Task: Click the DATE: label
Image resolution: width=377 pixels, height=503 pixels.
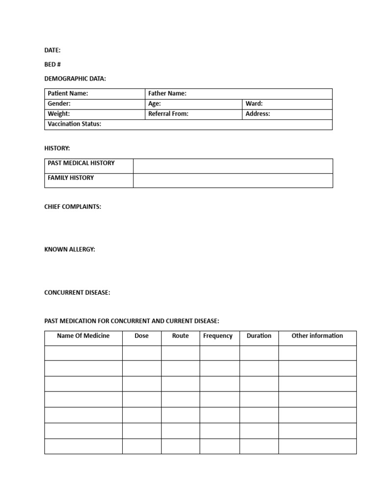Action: coord(53,50)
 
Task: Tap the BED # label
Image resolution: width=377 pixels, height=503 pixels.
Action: coord(53,64)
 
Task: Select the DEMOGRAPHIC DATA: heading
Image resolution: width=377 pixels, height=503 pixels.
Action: coord(75,79)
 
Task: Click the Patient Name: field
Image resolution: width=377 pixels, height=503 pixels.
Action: coord(68,93)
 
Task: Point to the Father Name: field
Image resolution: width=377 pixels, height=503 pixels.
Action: coord(167,93)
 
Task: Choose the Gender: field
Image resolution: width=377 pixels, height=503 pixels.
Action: coord(59,104)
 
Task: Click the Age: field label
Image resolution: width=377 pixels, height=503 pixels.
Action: coord(155,104)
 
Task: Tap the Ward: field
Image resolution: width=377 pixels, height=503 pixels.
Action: coord(254,104)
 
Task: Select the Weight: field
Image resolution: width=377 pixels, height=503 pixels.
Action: coord(59,113)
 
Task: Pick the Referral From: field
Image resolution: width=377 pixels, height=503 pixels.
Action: coord(168,113)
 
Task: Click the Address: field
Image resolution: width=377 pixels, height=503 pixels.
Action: coord(258,113)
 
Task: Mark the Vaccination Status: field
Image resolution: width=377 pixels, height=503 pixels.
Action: coord(75,124)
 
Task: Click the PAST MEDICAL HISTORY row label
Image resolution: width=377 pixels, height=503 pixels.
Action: coord(81,163)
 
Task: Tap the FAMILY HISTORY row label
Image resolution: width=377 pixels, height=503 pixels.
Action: coord(71,178)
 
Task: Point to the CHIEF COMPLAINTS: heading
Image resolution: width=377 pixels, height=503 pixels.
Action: coord(73,207)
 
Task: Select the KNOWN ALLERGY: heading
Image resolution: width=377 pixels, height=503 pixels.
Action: coord(70,250)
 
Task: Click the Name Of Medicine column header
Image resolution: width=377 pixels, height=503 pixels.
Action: coord(83,336)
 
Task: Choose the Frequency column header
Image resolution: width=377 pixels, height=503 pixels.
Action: coord(218,336)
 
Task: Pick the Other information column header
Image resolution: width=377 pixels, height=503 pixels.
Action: coord(317,336)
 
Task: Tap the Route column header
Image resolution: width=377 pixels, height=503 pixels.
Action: coord(180,336)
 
